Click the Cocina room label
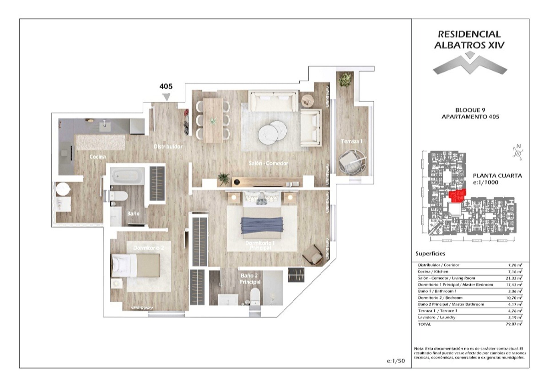pyautogui.click(x=98, y=157)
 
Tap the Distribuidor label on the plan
pyautogui.click(x=168, y=146)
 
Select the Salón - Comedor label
pyautogui.click(x=268, y=163)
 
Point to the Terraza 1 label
pyautogui.click(x=352, y=141)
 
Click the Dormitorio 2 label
pyautogui.click(x=149, y=248)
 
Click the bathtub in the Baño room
pyautogui.click(x=128, y=176)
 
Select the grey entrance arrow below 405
pyautogui.click(x=166, y=97)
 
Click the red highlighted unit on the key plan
pyautogui.click(x=457, y=196)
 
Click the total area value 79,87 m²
pyautogui.click(x=514, y=324)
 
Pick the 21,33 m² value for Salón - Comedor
pyautogui.click(x=514, y=278)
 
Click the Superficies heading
pyautogui.click(x=430, y=253)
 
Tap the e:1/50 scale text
pyautogui.click(x=396, y=361)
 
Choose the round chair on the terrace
pyautogui.click(x=352, y=163)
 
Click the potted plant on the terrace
pyautogui.click(x=345, y=79)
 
